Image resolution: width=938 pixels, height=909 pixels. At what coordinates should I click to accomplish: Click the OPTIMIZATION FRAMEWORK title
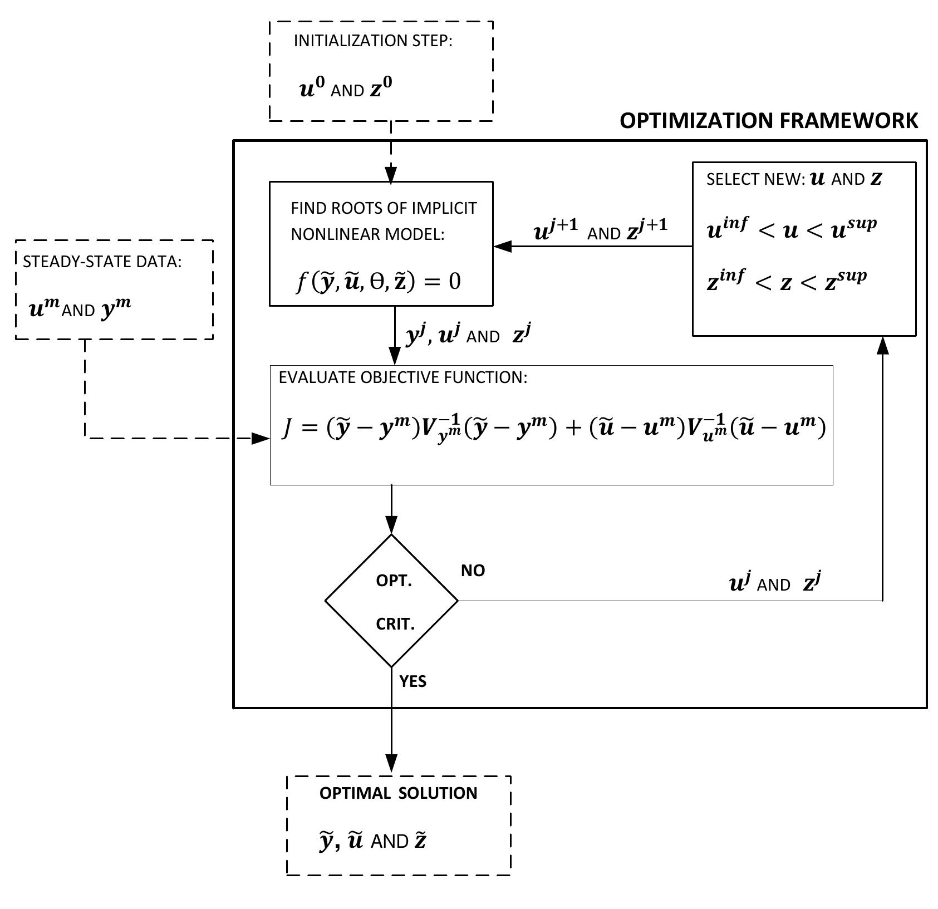coord(769,121)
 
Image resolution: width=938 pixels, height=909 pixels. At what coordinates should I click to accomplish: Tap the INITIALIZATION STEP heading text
coord(373,41)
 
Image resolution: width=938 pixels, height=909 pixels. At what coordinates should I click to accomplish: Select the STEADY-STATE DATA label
coord(102,262)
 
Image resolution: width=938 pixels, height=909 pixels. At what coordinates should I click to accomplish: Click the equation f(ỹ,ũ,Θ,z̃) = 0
coord(378,282)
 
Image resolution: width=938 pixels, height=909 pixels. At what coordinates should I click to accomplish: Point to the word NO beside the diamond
coord(473,571)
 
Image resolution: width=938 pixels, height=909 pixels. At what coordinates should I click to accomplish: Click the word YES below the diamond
coord(412,681)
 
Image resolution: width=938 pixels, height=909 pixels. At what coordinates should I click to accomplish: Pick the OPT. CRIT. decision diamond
coord(392,601)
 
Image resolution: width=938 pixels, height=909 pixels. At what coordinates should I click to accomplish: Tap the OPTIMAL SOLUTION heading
coord(398,793)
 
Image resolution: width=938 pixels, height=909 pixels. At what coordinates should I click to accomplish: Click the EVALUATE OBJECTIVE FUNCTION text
coord(402,377)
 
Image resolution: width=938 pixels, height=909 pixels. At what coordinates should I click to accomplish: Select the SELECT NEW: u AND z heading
coord(794,179)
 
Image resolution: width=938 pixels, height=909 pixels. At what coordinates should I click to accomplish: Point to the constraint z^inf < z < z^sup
coord(786,281)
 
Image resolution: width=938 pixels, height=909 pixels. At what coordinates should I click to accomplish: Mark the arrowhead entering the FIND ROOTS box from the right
coord(502,246)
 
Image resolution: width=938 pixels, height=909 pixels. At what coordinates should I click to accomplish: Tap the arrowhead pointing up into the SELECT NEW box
coord(883,345)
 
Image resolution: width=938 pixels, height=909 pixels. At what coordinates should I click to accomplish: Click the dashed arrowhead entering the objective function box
coord(261,439)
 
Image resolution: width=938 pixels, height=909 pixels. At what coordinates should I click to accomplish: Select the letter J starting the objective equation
coord(287,430)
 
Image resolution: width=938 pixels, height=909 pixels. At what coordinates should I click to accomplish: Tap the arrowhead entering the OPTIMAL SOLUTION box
coord(392,763)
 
